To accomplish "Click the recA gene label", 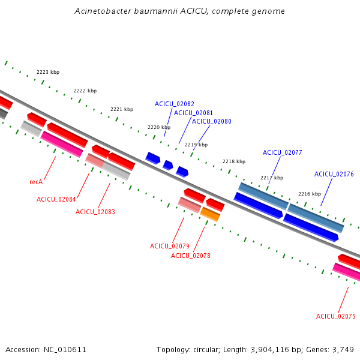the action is pos(36,182).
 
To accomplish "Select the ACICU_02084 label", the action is pos(56,199).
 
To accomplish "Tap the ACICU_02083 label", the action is pos(95,212).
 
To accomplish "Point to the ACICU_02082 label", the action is pos(175,104).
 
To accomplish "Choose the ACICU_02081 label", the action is pos(193,113).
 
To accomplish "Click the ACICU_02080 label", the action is pos(211,121).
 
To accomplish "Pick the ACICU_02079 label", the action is pos(170,246).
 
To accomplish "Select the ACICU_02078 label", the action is pos(191,256).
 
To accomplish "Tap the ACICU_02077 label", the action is pos(283,152).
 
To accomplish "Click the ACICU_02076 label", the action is pos(334,174).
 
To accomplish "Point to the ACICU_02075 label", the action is pos(336,316).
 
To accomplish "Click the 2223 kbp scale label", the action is pos(48,72).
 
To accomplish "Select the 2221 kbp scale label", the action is pos(122,109).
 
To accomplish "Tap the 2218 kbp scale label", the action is pos(234,161).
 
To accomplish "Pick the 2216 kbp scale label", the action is pos(310,194).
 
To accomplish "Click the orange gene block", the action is pos(210,214).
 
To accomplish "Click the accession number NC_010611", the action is pos(65,350).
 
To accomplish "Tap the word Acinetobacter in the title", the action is pos(103,11).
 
